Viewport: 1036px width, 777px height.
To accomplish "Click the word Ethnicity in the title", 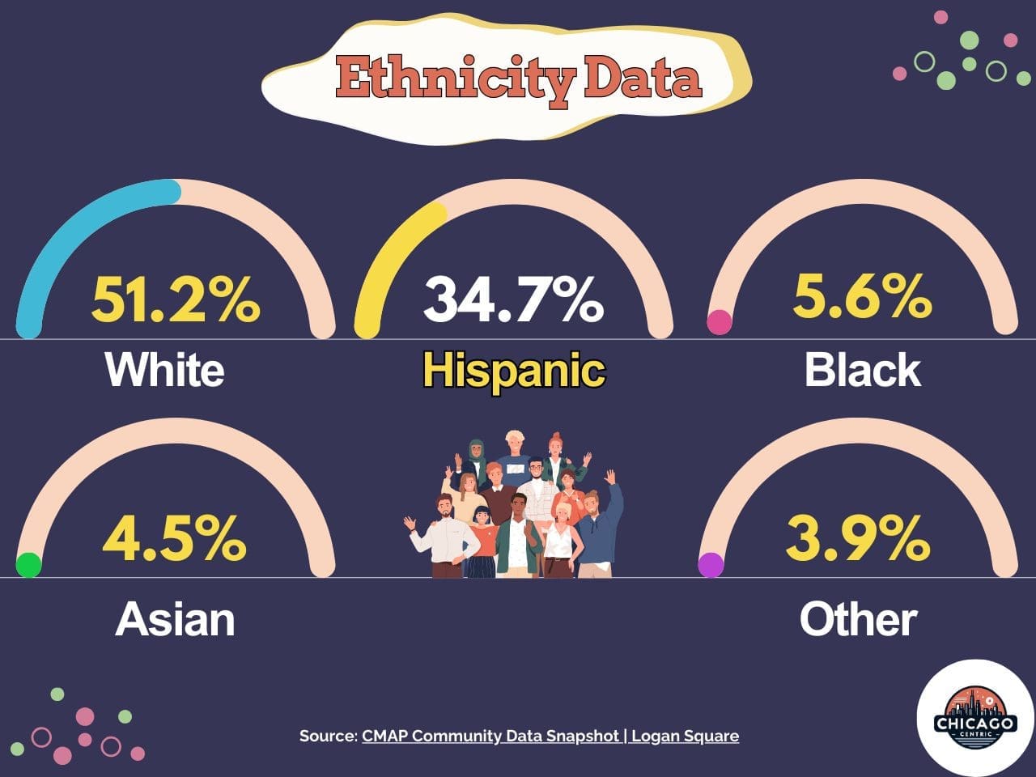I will pyautogui.click(x=455, y=79).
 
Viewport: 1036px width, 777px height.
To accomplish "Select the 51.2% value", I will pyautogui.click(x=176, y=299).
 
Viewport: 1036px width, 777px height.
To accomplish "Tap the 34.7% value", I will pyautogui.click(x=513, y=299).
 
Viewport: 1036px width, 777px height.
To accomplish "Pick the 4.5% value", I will pyautogui.click(x=175, y=538).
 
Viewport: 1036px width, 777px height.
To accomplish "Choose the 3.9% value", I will pyautogui.click(x=858, y=538).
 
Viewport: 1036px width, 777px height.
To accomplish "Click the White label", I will pyautogui.click(x=164, y=370).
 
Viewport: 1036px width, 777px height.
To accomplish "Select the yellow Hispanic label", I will pyautogui.click(x=514, y=371).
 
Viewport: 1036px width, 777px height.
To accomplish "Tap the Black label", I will pyautogui.click(x=862, y=370).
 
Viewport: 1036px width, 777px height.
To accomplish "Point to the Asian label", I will pyautogui.click(x=175, y=619).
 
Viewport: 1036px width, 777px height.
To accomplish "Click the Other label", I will pyautogui.click(x=858, y=619).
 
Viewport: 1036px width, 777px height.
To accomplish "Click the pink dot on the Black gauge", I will pyautogui.click(x=720, y=323).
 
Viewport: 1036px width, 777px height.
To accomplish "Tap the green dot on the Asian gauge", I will pyautogui.click(x=28, y=565).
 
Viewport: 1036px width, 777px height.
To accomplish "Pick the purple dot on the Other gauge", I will pyautogui.click(x=711, y=565).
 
